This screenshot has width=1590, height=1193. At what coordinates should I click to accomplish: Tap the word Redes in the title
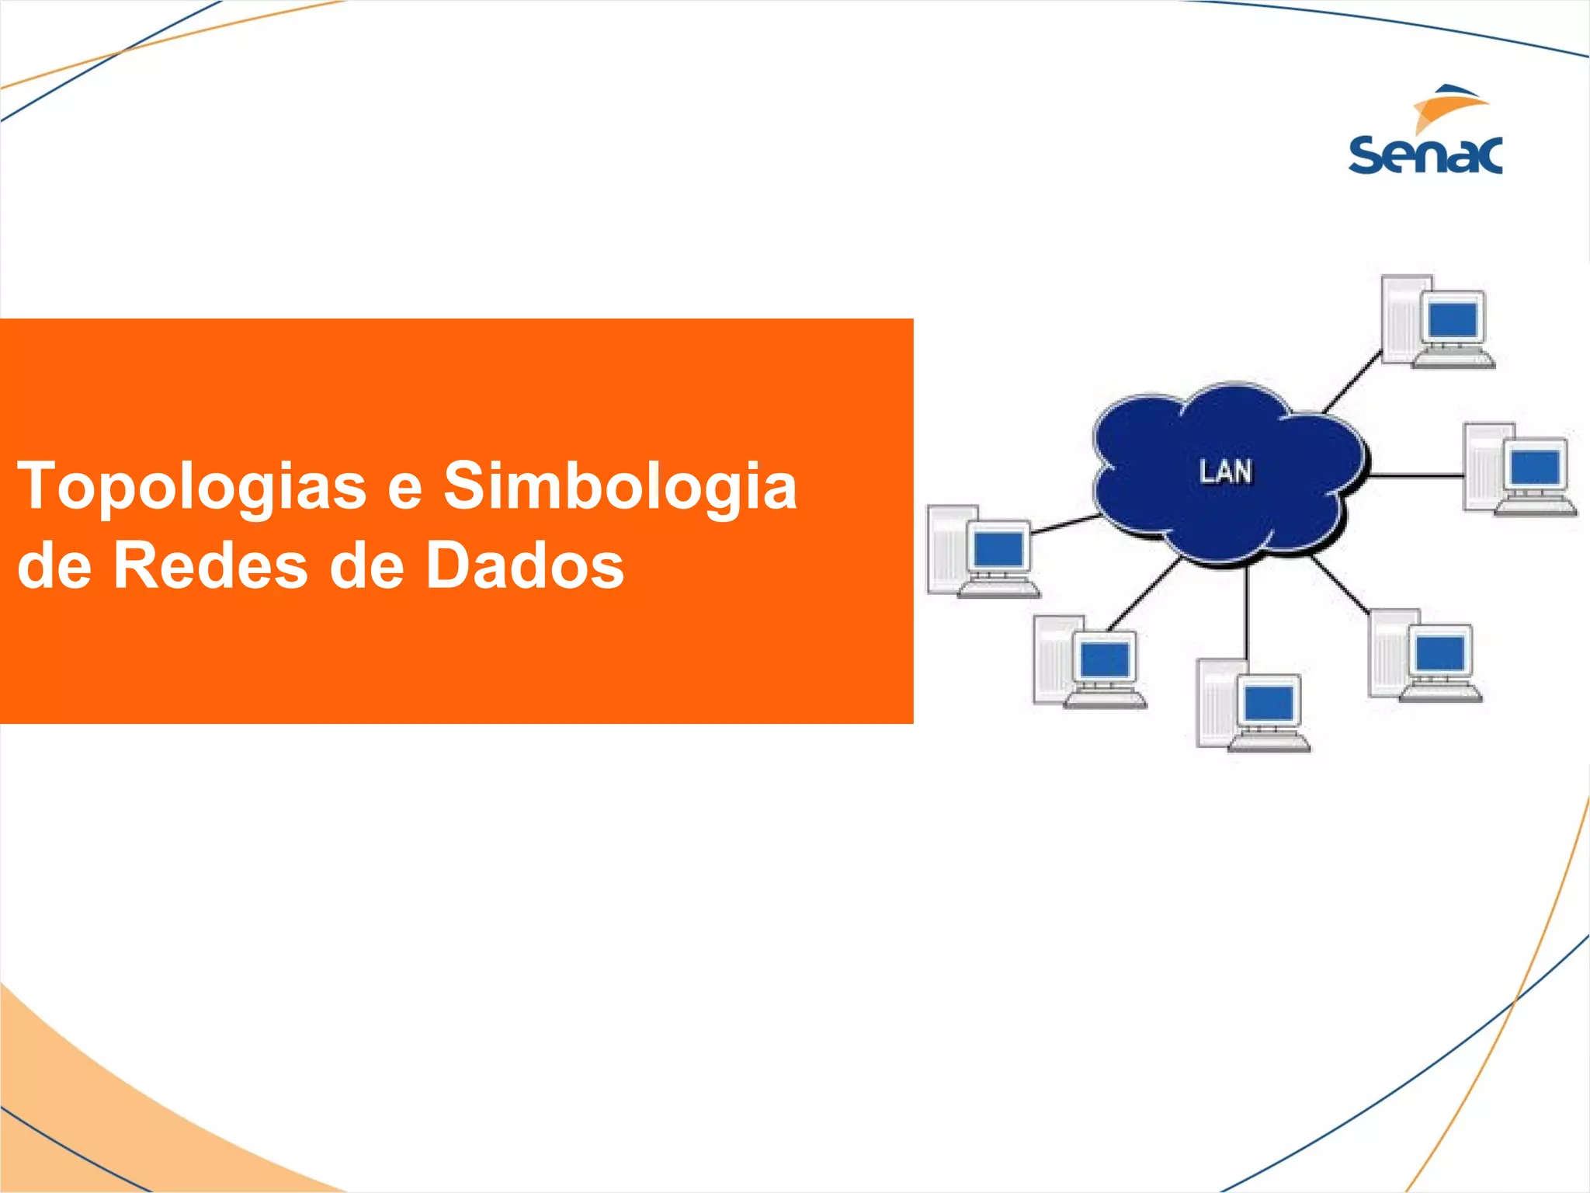coord(210,565)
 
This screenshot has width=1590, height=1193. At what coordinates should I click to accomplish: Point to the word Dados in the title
coord(524,565)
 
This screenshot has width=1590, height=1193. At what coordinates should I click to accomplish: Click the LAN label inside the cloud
coord(1226,471)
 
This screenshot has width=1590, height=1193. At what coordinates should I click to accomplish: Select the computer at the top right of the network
coord(1437,322)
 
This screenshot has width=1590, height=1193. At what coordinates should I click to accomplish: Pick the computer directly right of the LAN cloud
coord(1519,469)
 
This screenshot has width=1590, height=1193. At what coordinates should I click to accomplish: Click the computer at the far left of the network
coord(983,551)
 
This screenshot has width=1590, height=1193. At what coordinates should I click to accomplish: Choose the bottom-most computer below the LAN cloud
coord(1252,706)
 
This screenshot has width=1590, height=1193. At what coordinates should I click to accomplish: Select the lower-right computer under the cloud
coord(1425,655)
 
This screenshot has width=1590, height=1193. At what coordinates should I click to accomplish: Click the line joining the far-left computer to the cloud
coord(1064,524)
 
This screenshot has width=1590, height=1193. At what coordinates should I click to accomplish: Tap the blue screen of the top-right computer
coord(1453,318)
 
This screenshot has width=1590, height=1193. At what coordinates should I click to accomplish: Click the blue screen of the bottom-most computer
coord(1269,704)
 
